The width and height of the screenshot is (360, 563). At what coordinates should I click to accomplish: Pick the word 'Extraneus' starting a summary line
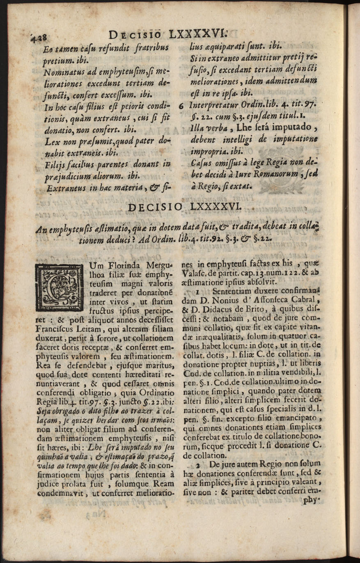click(69, 189)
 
